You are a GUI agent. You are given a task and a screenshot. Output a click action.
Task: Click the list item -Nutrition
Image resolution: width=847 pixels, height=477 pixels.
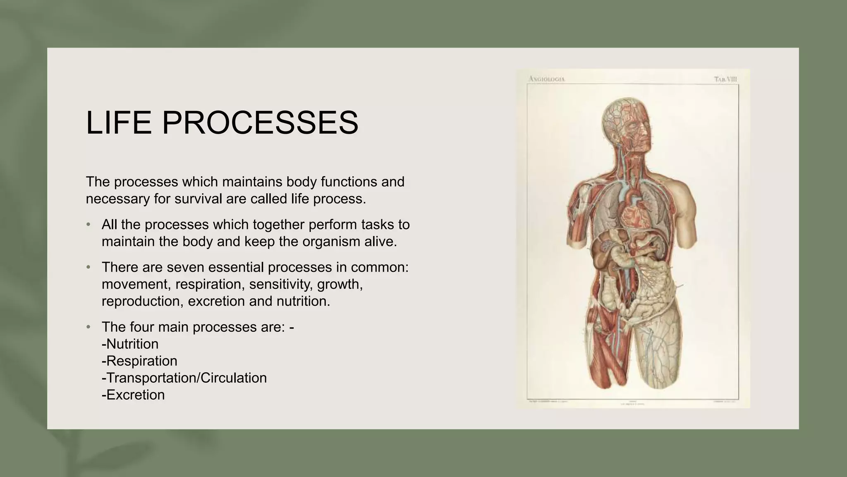[130, 344]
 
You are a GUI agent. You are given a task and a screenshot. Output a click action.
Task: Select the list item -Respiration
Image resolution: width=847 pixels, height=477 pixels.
[139, 361]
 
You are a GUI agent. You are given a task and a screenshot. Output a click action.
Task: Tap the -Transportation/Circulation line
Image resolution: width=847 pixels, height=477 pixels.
[184, 378]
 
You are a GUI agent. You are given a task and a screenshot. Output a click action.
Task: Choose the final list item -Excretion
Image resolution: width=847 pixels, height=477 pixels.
[133, 395]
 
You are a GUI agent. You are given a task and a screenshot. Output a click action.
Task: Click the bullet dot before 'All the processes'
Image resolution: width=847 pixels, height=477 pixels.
[88, 225]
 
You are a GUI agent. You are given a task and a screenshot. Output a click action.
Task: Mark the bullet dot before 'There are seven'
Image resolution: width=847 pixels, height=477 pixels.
[88, 267]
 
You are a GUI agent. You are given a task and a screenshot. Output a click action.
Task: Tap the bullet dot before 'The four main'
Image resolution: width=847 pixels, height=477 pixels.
[88, 327]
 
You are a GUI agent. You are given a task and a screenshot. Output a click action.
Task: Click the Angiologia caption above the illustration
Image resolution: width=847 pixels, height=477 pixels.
[547, 79]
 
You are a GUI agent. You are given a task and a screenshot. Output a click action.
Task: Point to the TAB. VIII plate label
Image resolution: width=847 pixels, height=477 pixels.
[725, 79]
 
